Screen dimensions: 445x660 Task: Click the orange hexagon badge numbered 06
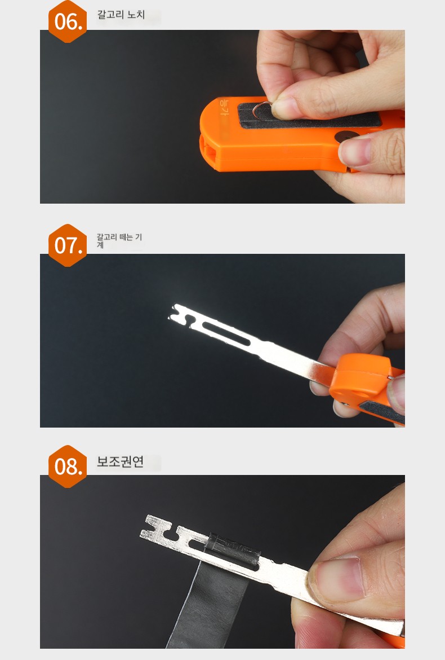[x=67, y=21]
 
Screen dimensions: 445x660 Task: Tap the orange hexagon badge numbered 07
[x=67, y=245]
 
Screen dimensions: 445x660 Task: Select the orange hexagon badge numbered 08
[x=67, y=467]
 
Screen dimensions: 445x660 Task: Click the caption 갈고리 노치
[x=121, y=15]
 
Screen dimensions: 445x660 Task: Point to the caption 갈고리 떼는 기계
[x=119, y=241]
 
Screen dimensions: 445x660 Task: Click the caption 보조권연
[x=120, y=461]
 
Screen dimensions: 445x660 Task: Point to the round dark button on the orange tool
[x=345, y=137]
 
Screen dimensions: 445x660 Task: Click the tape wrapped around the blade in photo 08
[x=233, y=549]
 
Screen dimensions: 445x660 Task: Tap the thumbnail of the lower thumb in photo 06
[x=355, y=150]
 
